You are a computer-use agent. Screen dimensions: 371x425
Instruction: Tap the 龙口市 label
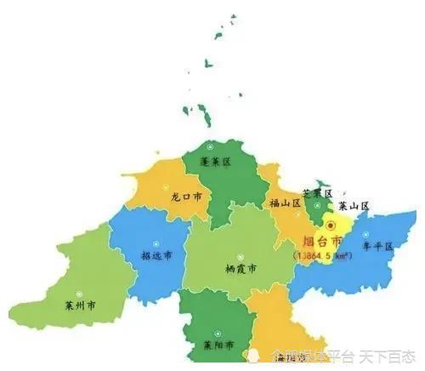point(186,195)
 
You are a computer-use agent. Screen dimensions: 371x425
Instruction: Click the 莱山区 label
point(354,206)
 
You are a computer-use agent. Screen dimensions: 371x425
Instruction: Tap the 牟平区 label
point(378,246)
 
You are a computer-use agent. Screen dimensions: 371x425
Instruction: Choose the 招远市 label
point(156,254)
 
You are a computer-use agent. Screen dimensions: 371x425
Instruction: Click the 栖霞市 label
point(242,267)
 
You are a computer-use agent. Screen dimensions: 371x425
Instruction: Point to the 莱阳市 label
point(219,346)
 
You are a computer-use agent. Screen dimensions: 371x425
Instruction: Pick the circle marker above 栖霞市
point(242,253)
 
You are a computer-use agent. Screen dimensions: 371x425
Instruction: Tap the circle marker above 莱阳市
point(218,332)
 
